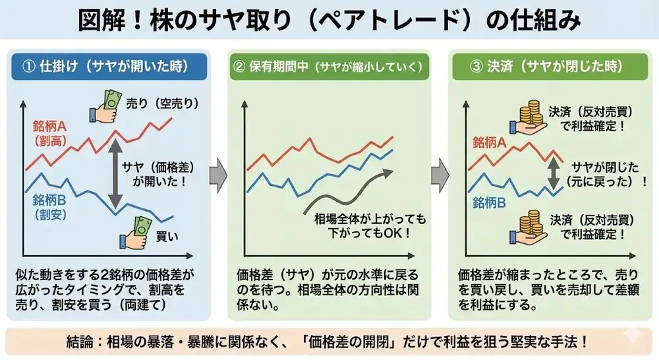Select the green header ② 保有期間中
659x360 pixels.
click(329, 67)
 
